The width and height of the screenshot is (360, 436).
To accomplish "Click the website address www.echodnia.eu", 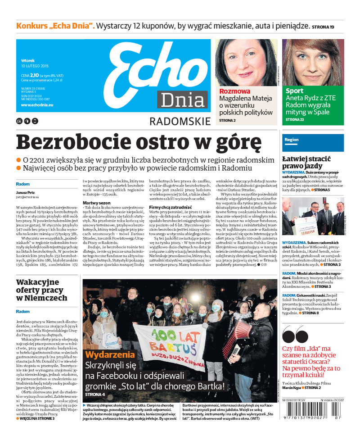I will (37, 105).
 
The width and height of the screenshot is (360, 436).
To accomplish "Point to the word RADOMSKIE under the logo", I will (180, 121).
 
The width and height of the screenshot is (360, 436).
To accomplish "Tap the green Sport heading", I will (294, 91).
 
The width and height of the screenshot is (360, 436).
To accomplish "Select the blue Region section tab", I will (292, 140).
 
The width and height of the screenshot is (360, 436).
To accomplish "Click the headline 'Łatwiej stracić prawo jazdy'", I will (306, 163).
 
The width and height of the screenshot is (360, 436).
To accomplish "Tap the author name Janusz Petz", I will (25, 193).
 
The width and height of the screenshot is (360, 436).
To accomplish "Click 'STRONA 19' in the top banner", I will (323, 27).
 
